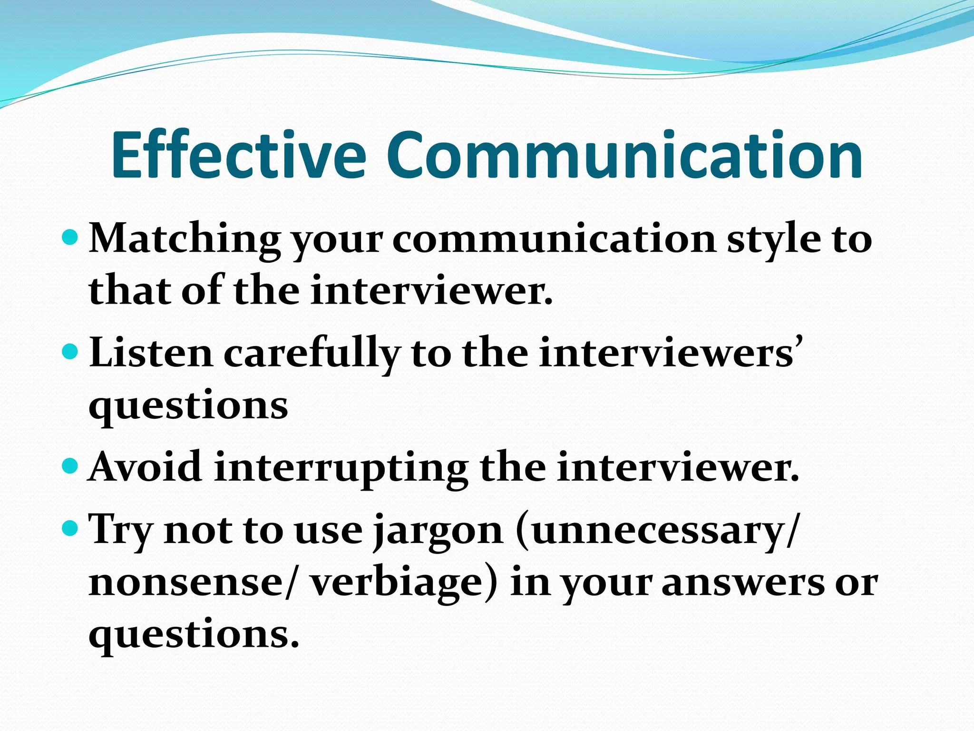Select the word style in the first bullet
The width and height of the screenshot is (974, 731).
[x=774, y=239]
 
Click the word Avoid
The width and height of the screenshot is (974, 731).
[x=146, y=468]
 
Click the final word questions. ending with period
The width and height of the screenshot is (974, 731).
[x=194, y=635]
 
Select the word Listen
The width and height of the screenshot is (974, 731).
[x=151, y=354]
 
